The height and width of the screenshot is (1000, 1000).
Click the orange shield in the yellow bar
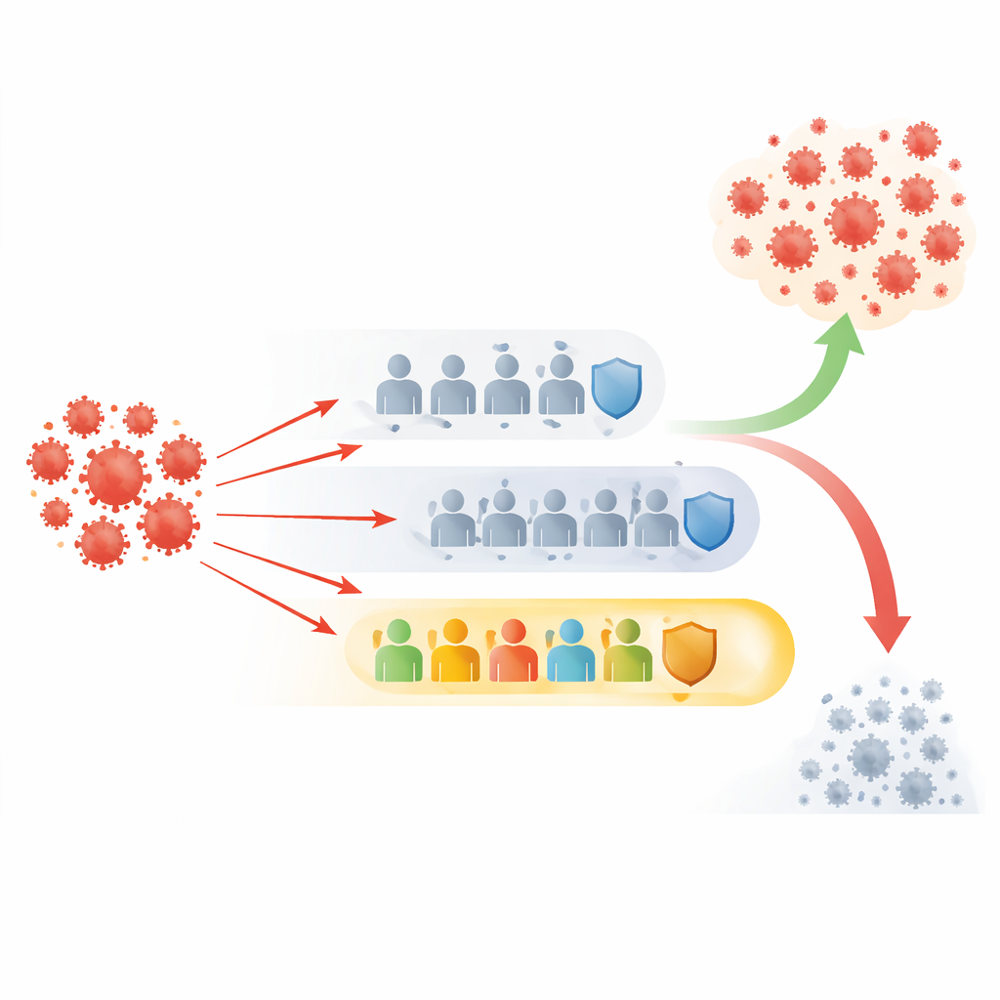click(x=689, y=653)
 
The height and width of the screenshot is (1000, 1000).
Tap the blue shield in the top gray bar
click(x=617, y=387)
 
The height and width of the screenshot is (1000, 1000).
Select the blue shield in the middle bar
click(x=709, y=521)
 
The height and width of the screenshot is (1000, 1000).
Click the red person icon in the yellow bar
click(x=514, y=651)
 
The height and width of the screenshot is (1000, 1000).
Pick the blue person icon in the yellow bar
click(x=570, y=651)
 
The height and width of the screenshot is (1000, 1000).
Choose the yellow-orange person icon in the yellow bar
click(x=456, y=651)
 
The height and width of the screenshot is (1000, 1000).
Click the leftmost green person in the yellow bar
click(x=398, y=651)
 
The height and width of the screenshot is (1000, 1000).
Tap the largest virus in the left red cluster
click(x=116, y=477)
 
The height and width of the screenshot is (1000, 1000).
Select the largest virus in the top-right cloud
click(x=854, y=220)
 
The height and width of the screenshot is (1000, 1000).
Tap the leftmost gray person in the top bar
click(x=398, y=386)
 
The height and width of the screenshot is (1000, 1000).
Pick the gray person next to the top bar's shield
click(x=562, y=386)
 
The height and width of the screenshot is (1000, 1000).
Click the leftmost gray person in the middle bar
click(x=452, y=519)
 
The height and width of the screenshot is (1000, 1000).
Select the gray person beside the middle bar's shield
click(x=656, y=519)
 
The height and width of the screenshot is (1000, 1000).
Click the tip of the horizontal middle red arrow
click(x=396, y=520)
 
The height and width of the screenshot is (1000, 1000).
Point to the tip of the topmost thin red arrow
click(x=338, y=401)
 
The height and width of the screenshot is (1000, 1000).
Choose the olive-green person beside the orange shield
click(x=627, y=651)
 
